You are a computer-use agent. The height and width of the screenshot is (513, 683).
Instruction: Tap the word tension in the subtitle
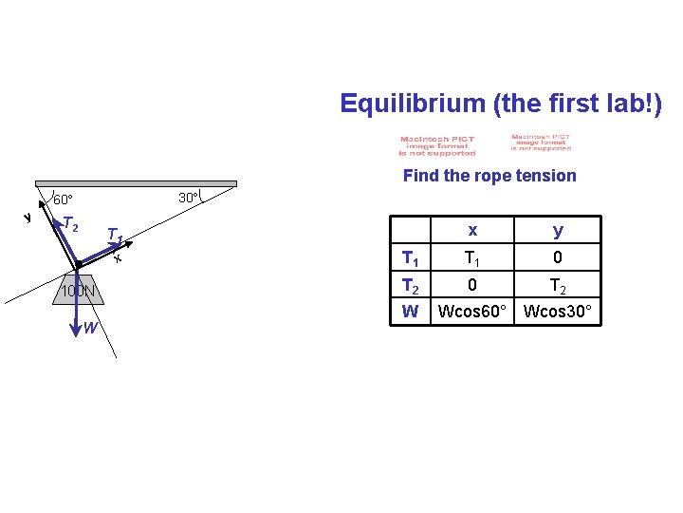tap(545, 176)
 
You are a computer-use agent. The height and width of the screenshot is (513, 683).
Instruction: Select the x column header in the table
tap(472, 231)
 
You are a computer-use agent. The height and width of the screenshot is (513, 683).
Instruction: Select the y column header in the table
tap(558, 231)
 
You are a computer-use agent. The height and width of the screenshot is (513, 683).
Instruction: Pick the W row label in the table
tap(411, 311)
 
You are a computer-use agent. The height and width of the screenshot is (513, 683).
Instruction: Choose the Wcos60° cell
tap(472, 311)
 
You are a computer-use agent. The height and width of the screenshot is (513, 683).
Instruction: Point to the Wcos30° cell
tap(558, 311)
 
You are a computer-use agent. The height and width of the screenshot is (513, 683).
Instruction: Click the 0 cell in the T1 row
tap(558, 257)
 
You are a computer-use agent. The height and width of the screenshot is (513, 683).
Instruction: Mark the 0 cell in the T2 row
tap(472, 284)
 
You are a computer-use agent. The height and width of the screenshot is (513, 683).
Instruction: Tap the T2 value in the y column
tap(558, 284)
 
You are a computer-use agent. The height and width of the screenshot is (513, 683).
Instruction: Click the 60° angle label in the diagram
tap(64, 200)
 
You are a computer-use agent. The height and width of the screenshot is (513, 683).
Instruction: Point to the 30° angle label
tap(189, 199)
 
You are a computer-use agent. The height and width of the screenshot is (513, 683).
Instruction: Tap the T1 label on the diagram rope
tap(115, 235)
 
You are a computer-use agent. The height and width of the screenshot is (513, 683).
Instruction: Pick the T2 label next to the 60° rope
tap(70, 225)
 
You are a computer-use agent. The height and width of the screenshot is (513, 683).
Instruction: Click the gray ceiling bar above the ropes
tap(136, 183)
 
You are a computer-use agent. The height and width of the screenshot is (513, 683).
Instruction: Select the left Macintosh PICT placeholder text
tap(437, 145)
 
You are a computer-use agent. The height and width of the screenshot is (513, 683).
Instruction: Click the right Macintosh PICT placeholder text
tap(541, 142)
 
